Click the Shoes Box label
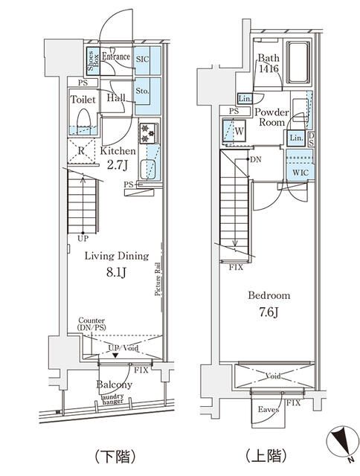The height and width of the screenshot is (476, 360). [x=91, y=58]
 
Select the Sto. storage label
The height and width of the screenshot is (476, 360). [x=144, y=91]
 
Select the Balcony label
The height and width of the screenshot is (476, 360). [x=114, y=385]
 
